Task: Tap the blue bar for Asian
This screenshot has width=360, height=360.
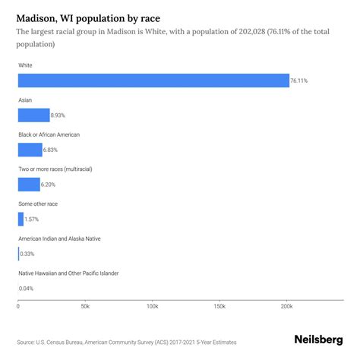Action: tap(33, 115)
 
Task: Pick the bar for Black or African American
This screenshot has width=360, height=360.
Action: tap(30, 150)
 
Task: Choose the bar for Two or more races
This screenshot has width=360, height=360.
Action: tap(29, 185)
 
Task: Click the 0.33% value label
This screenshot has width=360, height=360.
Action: tap(27, 254)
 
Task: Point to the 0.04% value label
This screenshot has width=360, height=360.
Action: tap(27, 289)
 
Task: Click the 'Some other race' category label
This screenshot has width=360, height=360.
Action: tap(38, 204)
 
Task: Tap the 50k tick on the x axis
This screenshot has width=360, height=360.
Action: tap(85, 306)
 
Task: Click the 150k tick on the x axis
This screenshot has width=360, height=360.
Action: tap(219, 306)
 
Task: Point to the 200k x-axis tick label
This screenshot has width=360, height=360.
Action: tap(286, 306)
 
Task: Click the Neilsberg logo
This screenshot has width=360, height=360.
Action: tap(318, 341)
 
